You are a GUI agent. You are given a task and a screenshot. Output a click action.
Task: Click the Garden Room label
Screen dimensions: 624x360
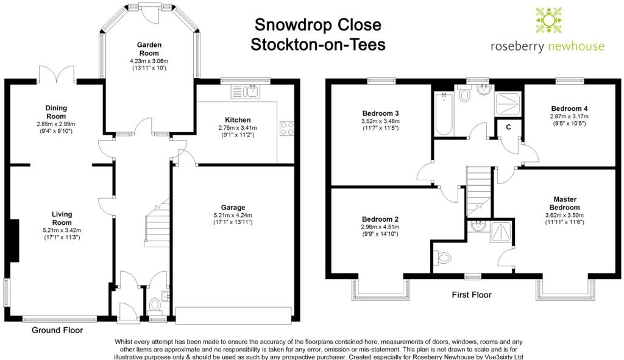tap(149, 49)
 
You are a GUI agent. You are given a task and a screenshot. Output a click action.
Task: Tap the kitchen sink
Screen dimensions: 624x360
tap(246, 91)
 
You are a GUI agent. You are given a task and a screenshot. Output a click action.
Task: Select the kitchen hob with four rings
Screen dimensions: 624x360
tap(287, 128)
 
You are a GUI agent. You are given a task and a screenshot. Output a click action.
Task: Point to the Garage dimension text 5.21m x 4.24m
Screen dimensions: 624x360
tap(233, 215)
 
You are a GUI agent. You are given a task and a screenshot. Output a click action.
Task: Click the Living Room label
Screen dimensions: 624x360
tap(62, 219)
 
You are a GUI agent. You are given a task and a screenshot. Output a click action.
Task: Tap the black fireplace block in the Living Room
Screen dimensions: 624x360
tap(15, 241)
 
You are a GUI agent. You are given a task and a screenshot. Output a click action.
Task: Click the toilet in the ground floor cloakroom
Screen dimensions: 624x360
tap(154, 306)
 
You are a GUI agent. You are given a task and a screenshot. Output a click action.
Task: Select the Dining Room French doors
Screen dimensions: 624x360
tap(57, 74)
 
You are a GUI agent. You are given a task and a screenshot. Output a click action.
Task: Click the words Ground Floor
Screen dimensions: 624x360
tap(57, 330)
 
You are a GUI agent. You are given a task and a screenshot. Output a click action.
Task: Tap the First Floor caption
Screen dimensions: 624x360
tap(472, 295)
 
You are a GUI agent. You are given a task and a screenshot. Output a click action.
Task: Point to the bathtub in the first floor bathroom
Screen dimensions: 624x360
tap(444, 114)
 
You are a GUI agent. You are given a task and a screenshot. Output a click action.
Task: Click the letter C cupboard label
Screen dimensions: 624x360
tap(508, 127)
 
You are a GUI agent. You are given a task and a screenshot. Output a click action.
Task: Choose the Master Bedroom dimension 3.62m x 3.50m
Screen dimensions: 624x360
tap(565, 215)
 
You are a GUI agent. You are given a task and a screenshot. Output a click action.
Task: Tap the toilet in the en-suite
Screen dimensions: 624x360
tap(442, 258)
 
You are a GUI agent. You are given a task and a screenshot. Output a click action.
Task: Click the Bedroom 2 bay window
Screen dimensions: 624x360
tap(380, 288)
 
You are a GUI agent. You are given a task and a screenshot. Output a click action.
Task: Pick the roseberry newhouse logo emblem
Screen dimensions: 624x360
tap(548, 20)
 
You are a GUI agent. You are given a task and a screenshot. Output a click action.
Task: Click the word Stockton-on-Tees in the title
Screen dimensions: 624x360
tap(318, 44)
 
